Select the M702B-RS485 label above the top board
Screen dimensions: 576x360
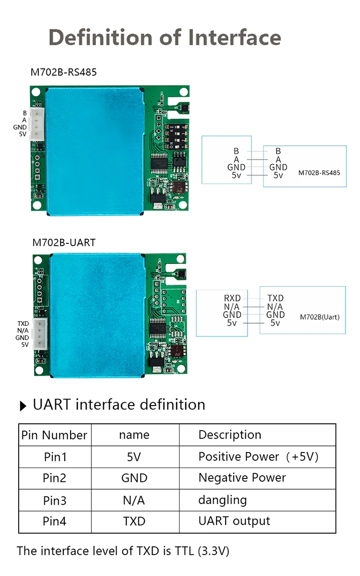[x=64, y=72]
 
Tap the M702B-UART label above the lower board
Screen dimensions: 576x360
[x=64, y=242]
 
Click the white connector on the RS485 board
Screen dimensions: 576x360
[x=37, y=124]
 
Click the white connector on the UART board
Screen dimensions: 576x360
[x=41, y=334]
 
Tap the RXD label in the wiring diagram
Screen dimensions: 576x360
[x=232, y=298]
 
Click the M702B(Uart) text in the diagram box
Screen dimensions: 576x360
[x=320, y=317]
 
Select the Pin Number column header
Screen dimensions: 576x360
[x=55, y=435]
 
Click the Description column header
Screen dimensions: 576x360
[x=230, y=435]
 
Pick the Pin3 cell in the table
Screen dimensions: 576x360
[x=55, y=500]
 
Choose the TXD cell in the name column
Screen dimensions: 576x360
[x=134, y=521]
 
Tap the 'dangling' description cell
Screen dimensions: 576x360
[x=223, y=500]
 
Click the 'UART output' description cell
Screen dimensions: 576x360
[x=234, y=521]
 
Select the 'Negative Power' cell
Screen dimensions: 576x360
[x=242, y=478]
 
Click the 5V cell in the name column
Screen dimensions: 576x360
[x=134, y=456]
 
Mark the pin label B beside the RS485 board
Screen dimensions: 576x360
[x=24, y=113]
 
